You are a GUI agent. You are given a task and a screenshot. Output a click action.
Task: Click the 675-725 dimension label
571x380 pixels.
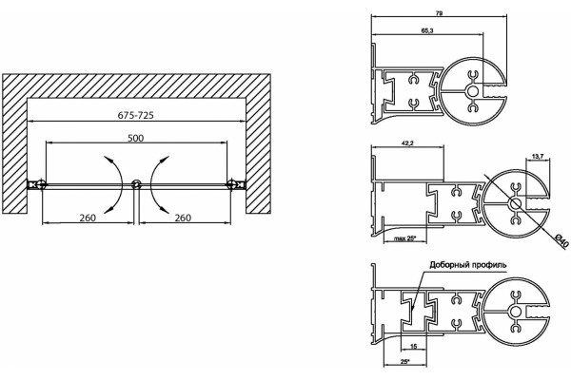(x=135, y=115)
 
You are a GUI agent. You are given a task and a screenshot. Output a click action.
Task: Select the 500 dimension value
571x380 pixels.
(x=135, y=138)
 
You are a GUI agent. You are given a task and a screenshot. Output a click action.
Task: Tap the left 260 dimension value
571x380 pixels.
(x=88, y=218)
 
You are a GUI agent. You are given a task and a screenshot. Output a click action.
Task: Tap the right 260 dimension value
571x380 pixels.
(x=183, y=218)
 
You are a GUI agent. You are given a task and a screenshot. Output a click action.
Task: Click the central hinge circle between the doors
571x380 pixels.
(x=136, y=184)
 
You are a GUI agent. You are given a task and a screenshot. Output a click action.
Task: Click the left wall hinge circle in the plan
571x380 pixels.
(x=42, y=184)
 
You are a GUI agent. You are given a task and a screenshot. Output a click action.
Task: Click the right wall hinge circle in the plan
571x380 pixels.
(x=231, y=184)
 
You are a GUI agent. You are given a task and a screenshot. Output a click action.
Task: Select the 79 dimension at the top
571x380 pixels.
(x=439, y=13)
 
